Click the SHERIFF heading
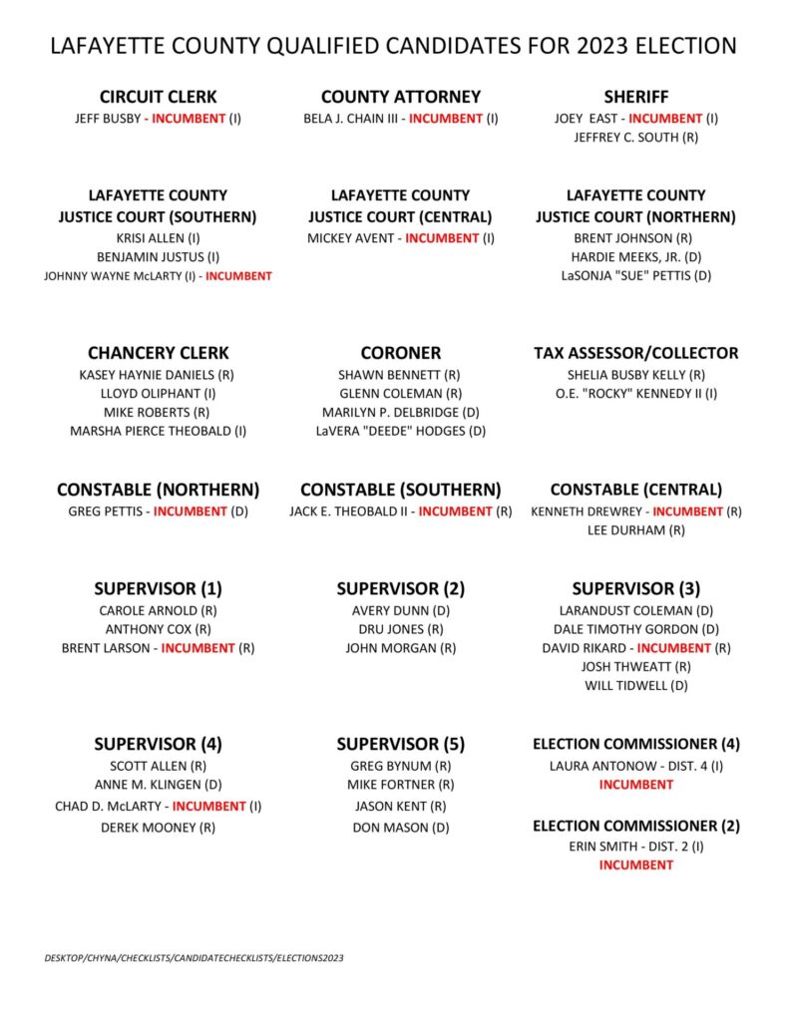pyautogui.click(x=635, y=97)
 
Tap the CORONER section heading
pyautogui.click(x=400, y=353)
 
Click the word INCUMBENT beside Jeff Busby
pyautogui.click(x=189, y=119)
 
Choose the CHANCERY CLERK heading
pyautogui.click(x=158, y=353)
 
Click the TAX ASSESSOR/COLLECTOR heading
pyautogui.click(x=635, y=353)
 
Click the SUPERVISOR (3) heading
pyautogui.click(x=635, y=588)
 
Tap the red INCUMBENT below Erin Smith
pyautogui.click(x=635, y=865)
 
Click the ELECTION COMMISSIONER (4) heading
pyautogui.click(x=635, y=744)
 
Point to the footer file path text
pyautogui.click(x=194, y=958)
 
